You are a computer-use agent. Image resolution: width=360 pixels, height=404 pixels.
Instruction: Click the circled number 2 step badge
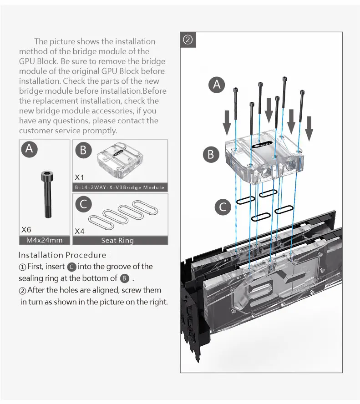pyautogui.click(x=188, y=40)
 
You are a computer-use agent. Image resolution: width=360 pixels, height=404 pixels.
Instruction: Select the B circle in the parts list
pyautogui.click(x=83, y=151)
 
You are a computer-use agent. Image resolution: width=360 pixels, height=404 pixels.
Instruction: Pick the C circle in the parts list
pyautogui.click(x=83, y=204)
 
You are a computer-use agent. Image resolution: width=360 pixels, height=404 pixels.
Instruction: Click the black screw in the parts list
pyautogui.click(x=46, y=194)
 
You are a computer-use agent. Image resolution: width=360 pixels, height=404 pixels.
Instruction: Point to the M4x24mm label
pyautogui.click(x=45, y=240)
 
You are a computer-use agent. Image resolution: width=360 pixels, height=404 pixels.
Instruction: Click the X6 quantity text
pyautogui.click(x=26, y=230)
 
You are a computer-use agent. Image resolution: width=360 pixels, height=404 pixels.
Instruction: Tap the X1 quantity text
pyautogui.click(x=80, y=177)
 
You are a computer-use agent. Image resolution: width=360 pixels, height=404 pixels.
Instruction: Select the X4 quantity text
pyautogui.click(x=80, y=231)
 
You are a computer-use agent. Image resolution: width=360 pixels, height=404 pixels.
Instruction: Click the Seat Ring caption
pyautogui.click(x=118, y=240)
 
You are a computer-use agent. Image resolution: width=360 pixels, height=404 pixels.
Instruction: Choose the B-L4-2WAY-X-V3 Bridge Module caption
pyautogui.click(x=120, y=187)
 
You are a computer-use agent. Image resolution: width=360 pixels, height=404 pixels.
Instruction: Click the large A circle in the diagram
pyautogui.click(x=217, y=85)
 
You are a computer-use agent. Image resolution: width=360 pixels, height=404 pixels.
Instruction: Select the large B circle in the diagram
pyautogui.click(x=211, y=154)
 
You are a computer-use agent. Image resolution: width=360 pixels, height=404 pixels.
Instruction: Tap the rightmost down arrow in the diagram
pyautogui.click(x=309, y=128)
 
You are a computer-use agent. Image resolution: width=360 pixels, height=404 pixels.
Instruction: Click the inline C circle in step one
pyautogui.click(x=72, y=267)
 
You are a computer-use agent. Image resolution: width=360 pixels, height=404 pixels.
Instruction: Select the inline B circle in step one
pyautogui.click(x=125, y=278)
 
